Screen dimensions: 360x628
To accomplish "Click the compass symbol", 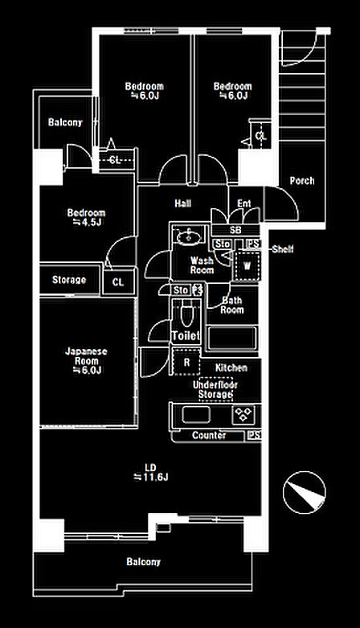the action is click(x=304, y=493).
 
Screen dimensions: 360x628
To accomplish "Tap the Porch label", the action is click(x=302, y=181).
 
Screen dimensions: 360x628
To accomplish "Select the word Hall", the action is click(x=182, y=203).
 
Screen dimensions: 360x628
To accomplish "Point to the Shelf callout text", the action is click(x=283, y=249).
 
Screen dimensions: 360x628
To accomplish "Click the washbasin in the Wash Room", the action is click(x=189, y=236).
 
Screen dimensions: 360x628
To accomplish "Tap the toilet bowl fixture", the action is click(x=186, y=314).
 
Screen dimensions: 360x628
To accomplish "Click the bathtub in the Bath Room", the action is click(x=232, y=338).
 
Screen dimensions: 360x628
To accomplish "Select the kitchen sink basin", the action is click(x=196, y=415).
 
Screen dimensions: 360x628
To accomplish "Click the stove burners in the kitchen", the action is click(x=243, y=415).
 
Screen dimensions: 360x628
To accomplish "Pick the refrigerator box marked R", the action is click(x=186, y=362).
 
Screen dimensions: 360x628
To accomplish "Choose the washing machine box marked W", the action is click(x=247, y=265).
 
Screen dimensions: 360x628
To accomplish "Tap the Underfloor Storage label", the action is click(x=215, y=390).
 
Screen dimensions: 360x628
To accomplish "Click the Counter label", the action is click(x=209, y=435).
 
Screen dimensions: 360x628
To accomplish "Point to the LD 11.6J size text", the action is click(x=150, y=473).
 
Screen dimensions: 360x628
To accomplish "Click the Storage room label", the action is click(x=69, y=280).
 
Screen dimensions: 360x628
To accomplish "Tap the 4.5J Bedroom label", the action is click(x=86, y=217).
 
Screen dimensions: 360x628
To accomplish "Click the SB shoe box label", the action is click(x=235, y=230).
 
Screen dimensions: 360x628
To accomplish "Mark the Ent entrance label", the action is click(x=243, y=204).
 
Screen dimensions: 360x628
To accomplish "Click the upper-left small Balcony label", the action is click(x=65, y=122).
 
